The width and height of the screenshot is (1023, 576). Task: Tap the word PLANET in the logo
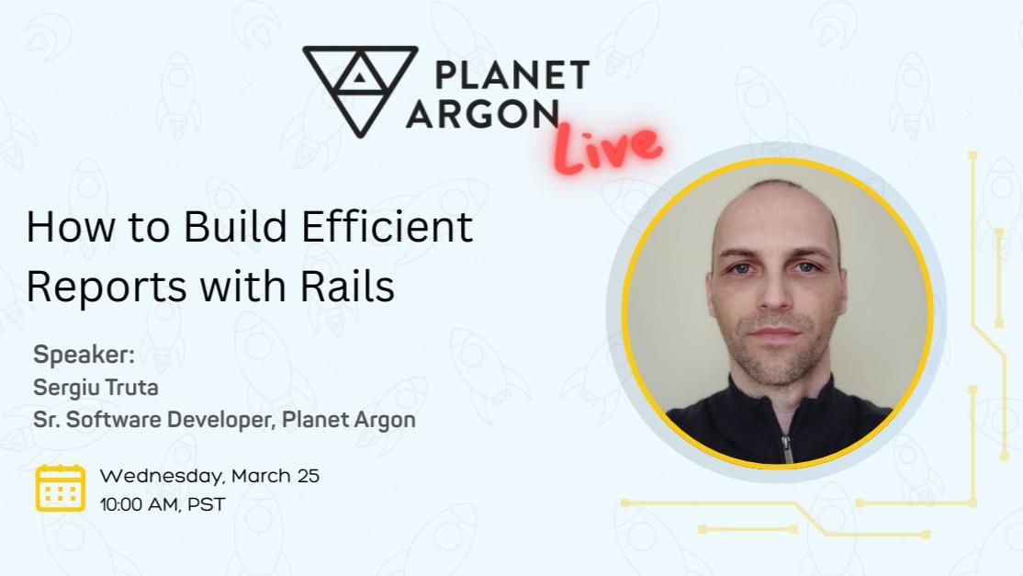(x=511, y=75)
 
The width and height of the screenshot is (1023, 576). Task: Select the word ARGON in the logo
(x=483, y=113)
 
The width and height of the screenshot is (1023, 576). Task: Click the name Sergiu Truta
(x=96, y=388)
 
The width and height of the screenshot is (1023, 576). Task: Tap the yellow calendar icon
(x=61, y=488)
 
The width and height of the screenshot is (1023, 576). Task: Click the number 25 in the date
(x=308, y=477)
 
